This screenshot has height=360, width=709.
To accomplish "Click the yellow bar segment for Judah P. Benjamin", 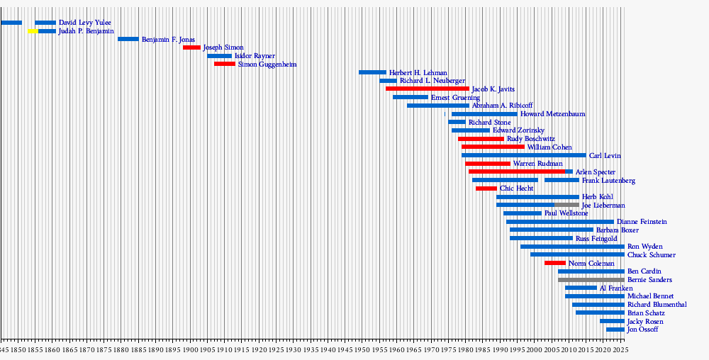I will click(x=33, y=31).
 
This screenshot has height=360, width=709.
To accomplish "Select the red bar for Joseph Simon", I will click(x=191, y=47).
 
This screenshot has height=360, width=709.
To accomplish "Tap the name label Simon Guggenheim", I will click(x=267, y=64).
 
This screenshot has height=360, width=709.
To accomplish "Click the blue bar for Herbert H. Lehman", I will click(x=372, y=72).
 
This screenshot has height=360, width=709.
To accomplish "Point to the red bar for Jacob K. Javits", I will click(x=427, y=89).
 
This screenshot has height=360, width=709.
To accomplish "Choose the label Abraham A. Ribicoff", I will click(x=502, y=106).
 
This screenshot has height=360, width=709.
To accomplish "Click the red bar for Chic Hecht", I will click(x=486, y=189).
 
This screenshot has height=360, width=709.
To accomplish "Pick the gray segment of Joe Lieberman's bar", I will click(x=566, y=205).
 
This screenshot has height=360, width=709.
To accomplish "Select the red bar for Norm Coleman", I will click(x=555, y=263).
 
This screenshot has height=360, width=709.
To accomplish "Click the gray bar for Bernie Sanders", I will click(x=591, y=280).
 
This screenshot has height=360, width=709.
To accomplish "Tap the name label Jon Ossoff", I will click(x=643, y=330).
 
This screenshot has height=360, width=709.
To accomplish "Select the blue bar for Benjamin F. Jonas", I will click(x=128, y=39).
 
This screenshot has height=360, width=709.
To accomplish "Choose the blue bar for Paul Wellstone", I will click(x=523, y=213).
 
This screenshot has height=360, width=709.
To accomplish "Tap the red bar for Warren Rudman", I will click(x=488, y=164).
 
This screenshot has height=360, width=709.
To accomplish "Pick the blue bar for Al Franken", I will click(x=581, y=288).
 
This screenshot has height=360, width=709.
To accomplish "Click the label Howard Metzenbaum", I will click(x=552, y=114).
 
